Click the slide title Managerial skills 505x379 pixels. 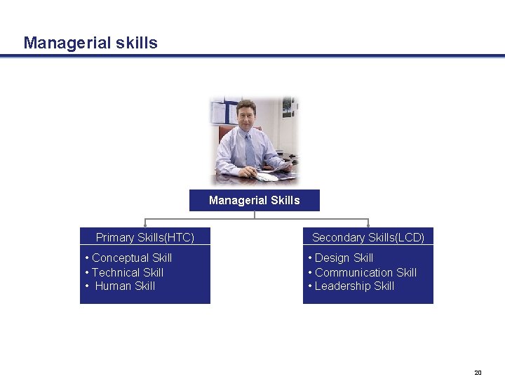tap(90, 43)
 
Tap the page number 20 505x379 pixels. tap(478, 373)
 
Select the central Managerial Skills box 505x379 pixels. tap(254, 201)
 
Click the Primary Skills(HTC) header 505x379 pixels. tap(144, 237)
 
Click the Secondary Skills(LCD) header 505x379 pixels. tap(368, 237)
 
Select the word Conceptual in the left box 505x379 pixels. tap(120, 258)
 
